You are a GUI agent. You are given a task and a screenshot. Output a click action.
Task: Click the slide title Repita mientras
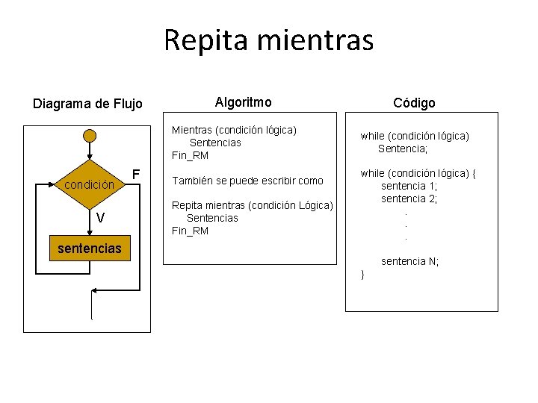click(x=268, y=40)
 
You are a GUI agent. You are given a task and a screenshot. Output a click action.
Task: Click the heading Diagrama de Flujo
click(x=87, y=103)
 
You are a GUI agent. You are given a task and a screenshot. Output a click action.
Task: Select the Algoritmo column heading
click(x=243, y=101)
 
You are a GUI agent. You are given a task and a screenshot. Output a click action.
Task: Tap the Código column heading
click(x=415, y=103)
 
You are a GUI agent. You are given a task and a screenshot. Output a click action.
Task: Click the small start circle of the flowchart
click(x=90, y=135)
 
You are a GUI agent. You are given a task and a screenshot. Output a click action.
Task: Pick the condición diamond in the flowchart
click(x=90, y=184)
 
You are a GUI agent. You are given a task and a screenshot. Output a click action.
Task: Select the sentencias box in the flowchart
click(x=90, y=248)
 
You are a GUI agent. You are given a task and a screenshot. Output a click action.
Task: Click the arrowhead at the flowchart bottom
click(x=95, y=290)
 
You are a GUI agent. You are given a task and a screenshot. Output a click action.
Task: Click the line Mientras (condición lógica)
click(x=234, y=130)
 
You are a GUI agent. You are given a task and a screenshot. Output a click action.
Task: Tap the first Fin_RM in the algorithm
click(x=190, y=155)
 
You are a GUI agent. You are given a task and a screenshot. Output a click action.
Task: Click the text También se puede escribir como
click(x=247, y=180)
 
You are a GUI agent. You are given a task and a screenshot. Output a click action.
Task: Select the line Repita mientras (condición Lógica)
click(x=252, y=205)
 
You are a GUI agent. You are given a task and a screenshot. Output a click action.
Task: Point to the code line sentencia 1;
click(x=409, y=186)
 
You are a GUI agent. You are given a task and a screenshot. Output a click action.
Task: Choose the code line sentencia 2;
click(x=409, y=199)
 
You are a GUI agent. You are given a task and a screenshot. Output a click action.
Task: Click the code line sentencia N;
click(x=410, y=261)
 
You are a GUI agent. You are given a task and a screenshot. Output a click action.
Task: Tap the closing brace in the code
click(x=362, y=275)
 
